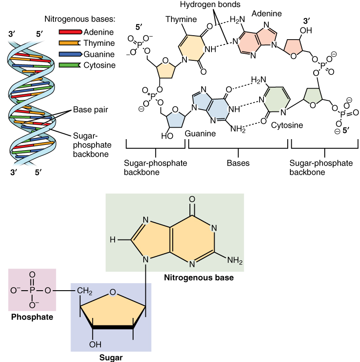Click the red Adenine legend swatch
click(x=70, y=32)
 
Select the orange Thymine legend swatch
click(x=70, y=43)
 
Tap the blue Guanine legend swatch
click(x=70, y=54)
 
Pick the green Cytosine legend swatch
click(x=70, y=65)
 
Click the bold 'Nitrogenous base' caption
click(x=198, y=278)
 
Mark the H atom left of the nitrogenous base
click(x=113, y=240)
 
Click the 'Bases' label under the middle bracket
click(x=238, y=163)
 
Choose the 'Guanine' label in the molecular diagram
click(x=200, y=133)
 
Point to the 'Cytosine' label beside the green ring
click(x=287, y=126)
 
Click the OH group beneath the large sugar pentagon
click(x=95, y=344)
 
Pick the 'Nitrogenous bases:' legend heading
click(x=80, y=19)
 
